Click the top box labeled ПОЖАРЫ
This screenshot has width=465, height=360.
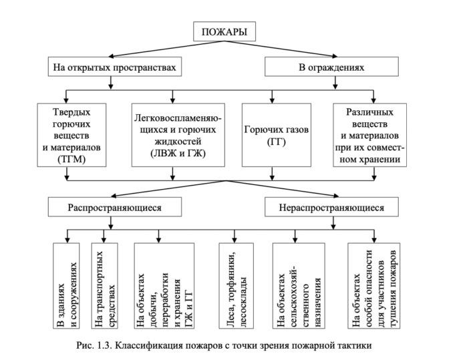[x=220, y=33]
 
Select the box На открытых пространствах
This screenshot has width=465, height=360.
[x=115, y=68]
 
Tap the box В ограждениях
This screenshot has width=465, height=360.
[x=325, y=68]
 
